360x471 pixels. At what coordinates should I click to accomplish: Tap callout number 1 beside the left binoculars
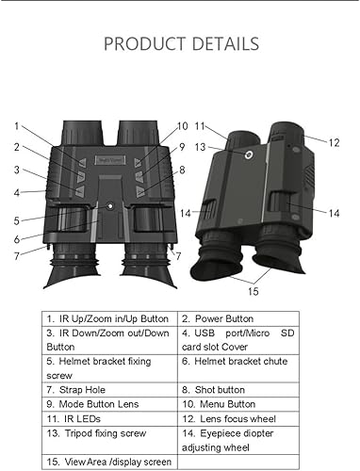(16, 125)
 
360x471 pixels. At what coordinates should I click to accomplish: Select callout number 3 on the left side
(16, 170)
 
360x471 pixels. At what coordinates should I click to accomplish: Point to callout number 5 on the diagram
(16, 219)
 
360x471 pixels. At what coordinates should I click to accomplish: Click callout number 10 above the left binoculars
(182, 125)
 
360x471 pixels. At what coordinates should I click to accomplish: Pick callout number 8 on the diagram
(182, 170)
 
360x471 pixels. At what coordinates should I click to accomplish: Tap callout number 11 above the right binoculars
(200, 125)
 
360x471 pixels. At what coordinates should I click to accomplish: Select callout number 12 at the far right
(334, 141)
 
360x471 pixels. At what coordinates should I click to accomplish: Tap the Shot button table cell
(217, 387)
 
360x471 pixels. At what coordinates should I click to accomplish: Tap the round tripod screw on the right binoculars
(250, 154)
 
